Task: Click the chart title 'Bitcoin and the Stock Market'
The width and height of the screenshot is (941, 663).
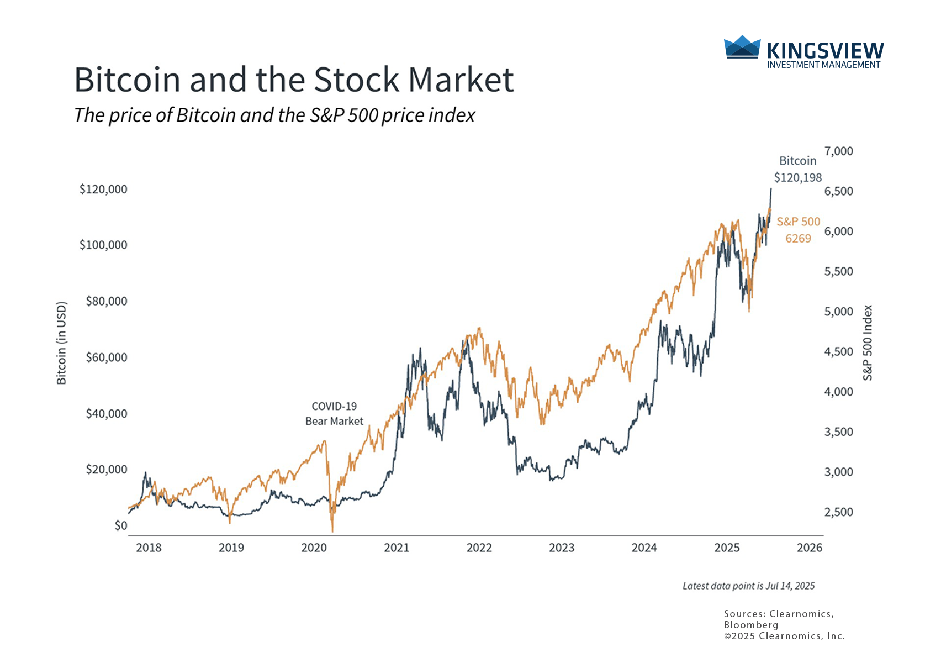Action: (294, 80)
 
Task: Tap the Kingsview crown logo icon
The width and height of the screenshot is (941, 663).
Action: (742, 47)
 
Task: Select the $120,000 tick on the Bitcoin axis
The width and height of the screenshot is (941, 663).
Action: (103, 189)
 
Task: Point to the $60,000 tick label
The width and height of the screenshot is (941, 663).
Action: (107, 357)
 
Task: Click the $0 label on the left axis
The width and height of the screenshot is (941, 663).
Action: (121, 525)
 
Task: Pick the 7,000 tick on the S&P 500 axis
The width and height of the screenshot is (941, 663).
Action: (838, 151)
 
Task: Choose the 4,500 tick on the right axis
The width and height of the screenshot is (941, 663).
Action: (838, 351)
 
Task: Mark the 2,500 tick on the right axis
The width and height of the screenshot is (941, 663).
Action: (838, 512)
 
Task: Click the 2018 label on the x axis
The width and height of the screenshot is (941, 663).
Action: (149, 548)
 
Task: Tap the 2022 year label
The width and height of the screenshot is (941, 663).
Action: (479, 548)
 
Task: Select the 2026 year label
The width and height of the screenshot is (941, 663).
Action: (810, 548)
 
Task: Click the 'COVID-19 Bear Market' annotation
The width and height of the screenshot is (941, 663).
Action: (334, 414)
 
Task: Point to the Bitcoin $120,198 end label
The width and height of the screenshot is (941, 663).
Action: (797, 169)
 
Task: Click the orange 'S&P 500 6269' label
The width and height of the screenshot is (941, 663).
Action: (798, 230)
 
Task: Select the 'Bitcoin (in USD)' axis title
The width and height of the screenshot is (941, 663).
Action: (61, 343)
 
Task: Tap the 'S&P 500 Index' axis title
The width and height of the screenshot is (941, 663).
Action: (868, 343)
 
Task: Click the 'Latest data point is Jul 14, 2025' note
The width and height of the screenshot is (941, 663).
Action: (748, 586)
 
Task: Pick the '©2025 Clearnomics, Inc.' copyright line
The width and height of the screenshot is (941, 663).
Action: (784, 636)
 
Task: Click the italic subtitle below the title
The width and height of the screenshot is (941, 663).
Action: (274, 115)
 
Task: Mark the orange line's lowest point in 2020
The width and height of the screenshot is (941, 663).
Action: (332, 532)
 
